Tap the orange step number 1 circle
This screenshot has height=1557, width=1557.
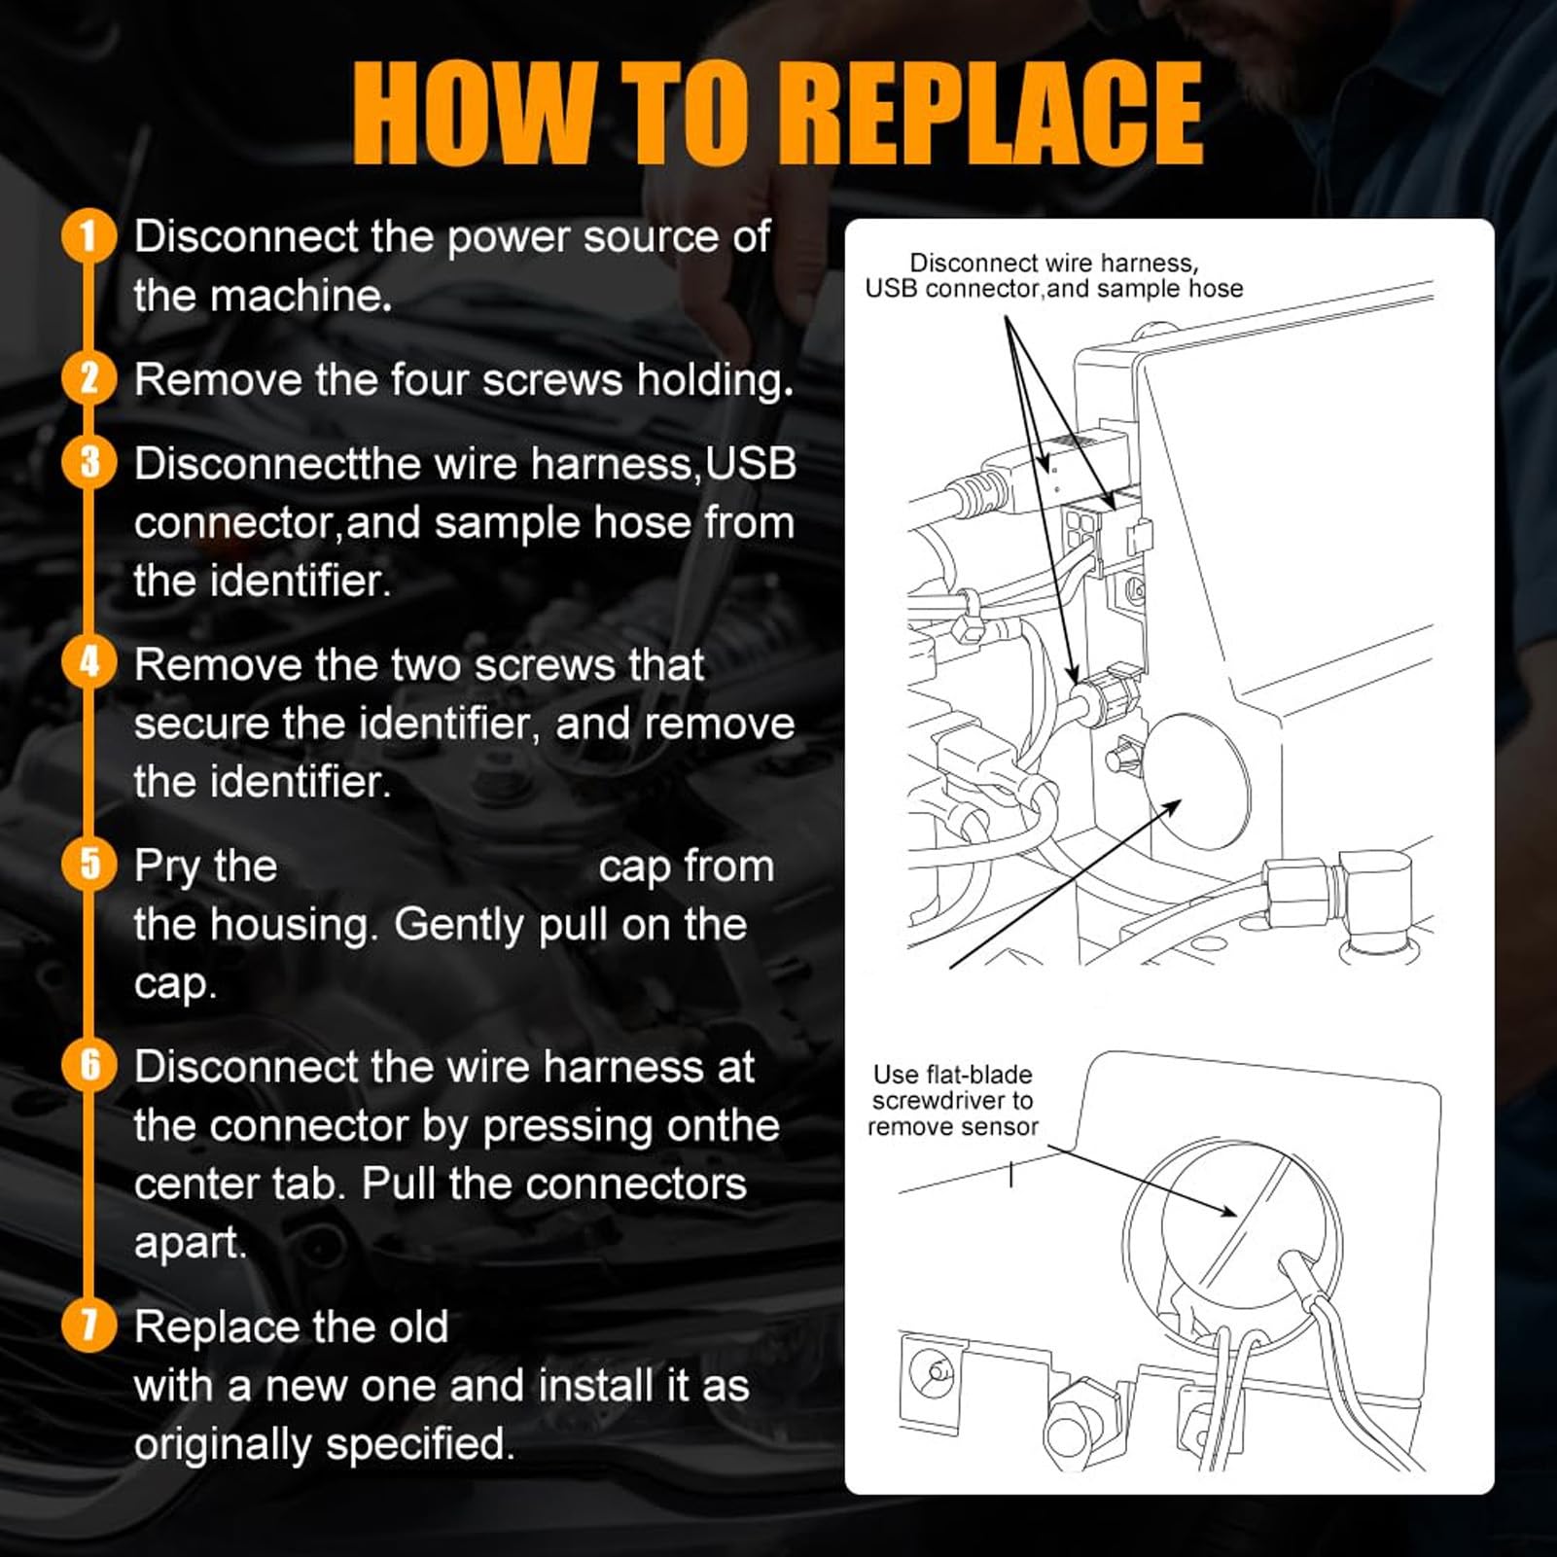point(89,237)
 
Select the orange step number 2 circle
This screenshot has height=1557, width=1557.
point(89,378)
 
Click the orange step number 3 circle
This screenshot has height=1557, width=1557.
point(89,463)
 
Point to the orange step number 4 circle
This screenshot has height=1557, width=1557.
point(89,663)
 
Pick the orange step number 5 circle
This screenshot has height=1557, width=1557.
point(89,865)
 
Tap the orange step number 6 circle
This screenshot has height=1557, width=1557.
point(89,1065)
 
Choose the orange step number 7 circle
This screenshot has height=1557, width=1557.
point(89,1325)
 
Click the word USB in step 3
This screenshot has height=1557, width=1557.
point(751,463)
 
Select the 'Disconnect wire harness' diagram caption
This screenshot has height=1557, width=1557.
point(1054,276)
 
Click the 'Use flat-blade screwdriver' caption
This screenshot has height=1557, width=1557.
point(953,1101)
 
